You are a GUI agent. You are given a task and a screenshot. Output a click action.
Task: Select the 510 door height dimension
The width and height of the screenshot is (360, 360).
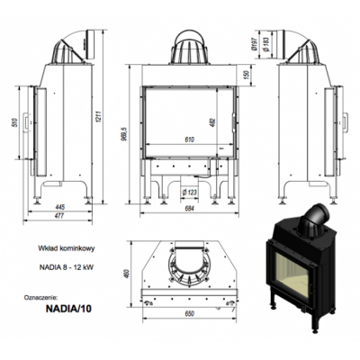click(16, 122)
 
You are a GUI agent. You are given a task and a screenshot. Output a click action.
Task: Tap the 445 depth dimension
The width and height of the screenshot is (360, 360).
click(60, 207)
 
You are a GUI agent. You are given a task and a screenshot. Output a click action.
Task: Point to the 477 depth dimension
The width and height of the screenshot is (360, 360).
click(59, 216)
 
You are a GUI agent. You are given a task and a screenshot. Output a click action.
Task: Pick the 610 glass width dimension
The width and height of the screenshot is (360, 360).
click(190, 139)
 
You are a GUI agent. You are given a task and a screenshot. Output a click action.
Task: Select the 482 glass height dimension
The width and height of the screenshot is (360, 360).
click(213, 122)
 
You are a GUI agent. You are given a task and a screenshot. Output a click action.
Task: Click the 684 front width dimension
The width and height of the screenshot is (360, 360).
click(190, 209)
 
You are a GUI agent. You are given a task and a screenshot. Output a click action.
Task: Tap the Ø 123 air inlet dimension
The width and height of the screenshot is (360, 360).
click(189, 192)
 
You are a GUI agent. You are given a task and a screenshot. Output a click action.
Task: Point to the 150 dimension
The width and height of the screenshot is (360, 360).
click(247, 75)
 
